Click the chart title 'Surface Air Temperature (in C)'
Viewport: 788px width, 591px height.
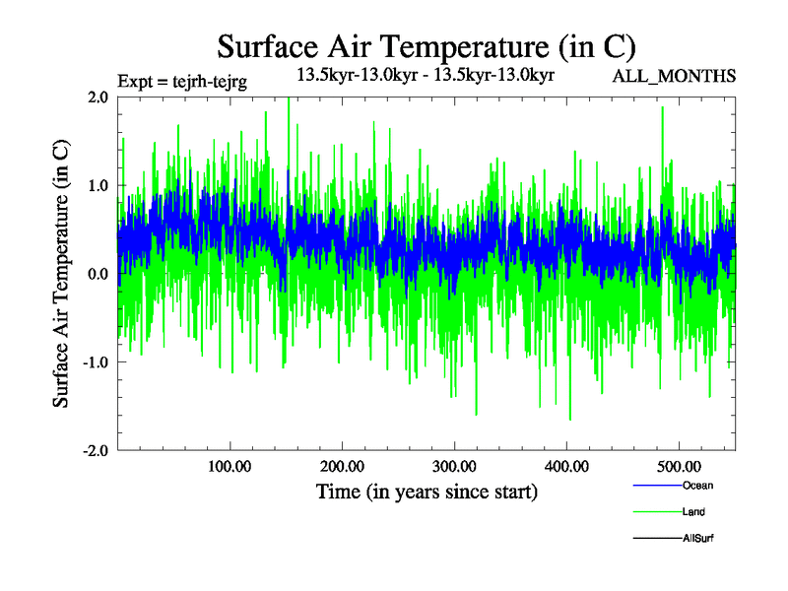[x=427, y=46]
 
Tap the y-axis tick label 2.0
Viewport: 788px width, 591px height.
[x=97, y=98]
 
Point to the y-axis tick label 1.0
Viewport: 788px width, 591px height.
[x=97, y=185]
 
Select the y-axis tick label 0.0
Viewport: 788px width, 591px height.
[x=97, y=274]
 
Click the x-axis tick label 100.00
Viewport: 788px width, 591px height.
[x=230, y=465]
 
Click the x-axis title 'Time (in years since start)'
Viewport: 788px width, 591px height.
[x=427, y=492]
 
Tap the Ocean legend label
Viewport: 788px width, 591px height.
[x=697, y=486]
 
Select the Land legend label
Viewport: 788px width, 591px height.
[x=693, y=512]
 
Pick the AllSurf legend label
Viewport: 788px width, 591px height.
[x=697, y=538]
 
